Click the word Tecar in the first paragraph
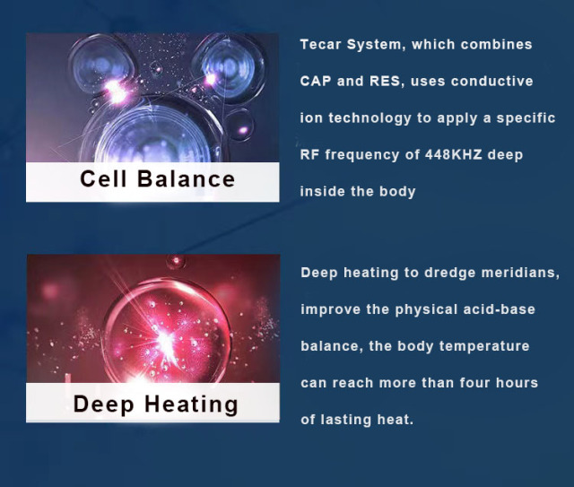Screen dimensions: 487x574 [320, 44]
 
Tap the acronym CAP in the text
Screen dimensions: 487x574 [316, 81]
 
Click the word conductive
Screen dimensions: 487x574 [491, 81]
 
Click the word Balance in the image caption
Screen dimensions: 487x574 [186, 178]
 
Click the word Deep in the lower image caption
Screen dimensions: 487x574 [102, 404]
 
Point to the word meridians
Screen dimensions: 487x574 [524, 273]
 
